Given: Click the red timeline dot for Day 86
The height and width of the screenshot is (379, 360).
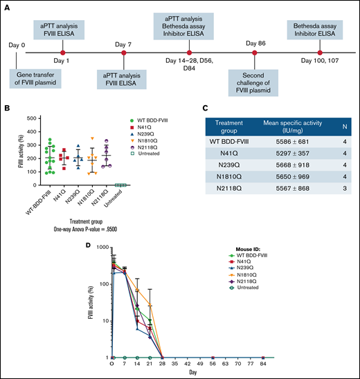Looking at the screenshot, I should pos(255,52).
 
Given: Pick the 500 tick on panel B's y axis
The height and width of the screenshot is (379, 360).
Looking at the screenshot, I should pos(30,118).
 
